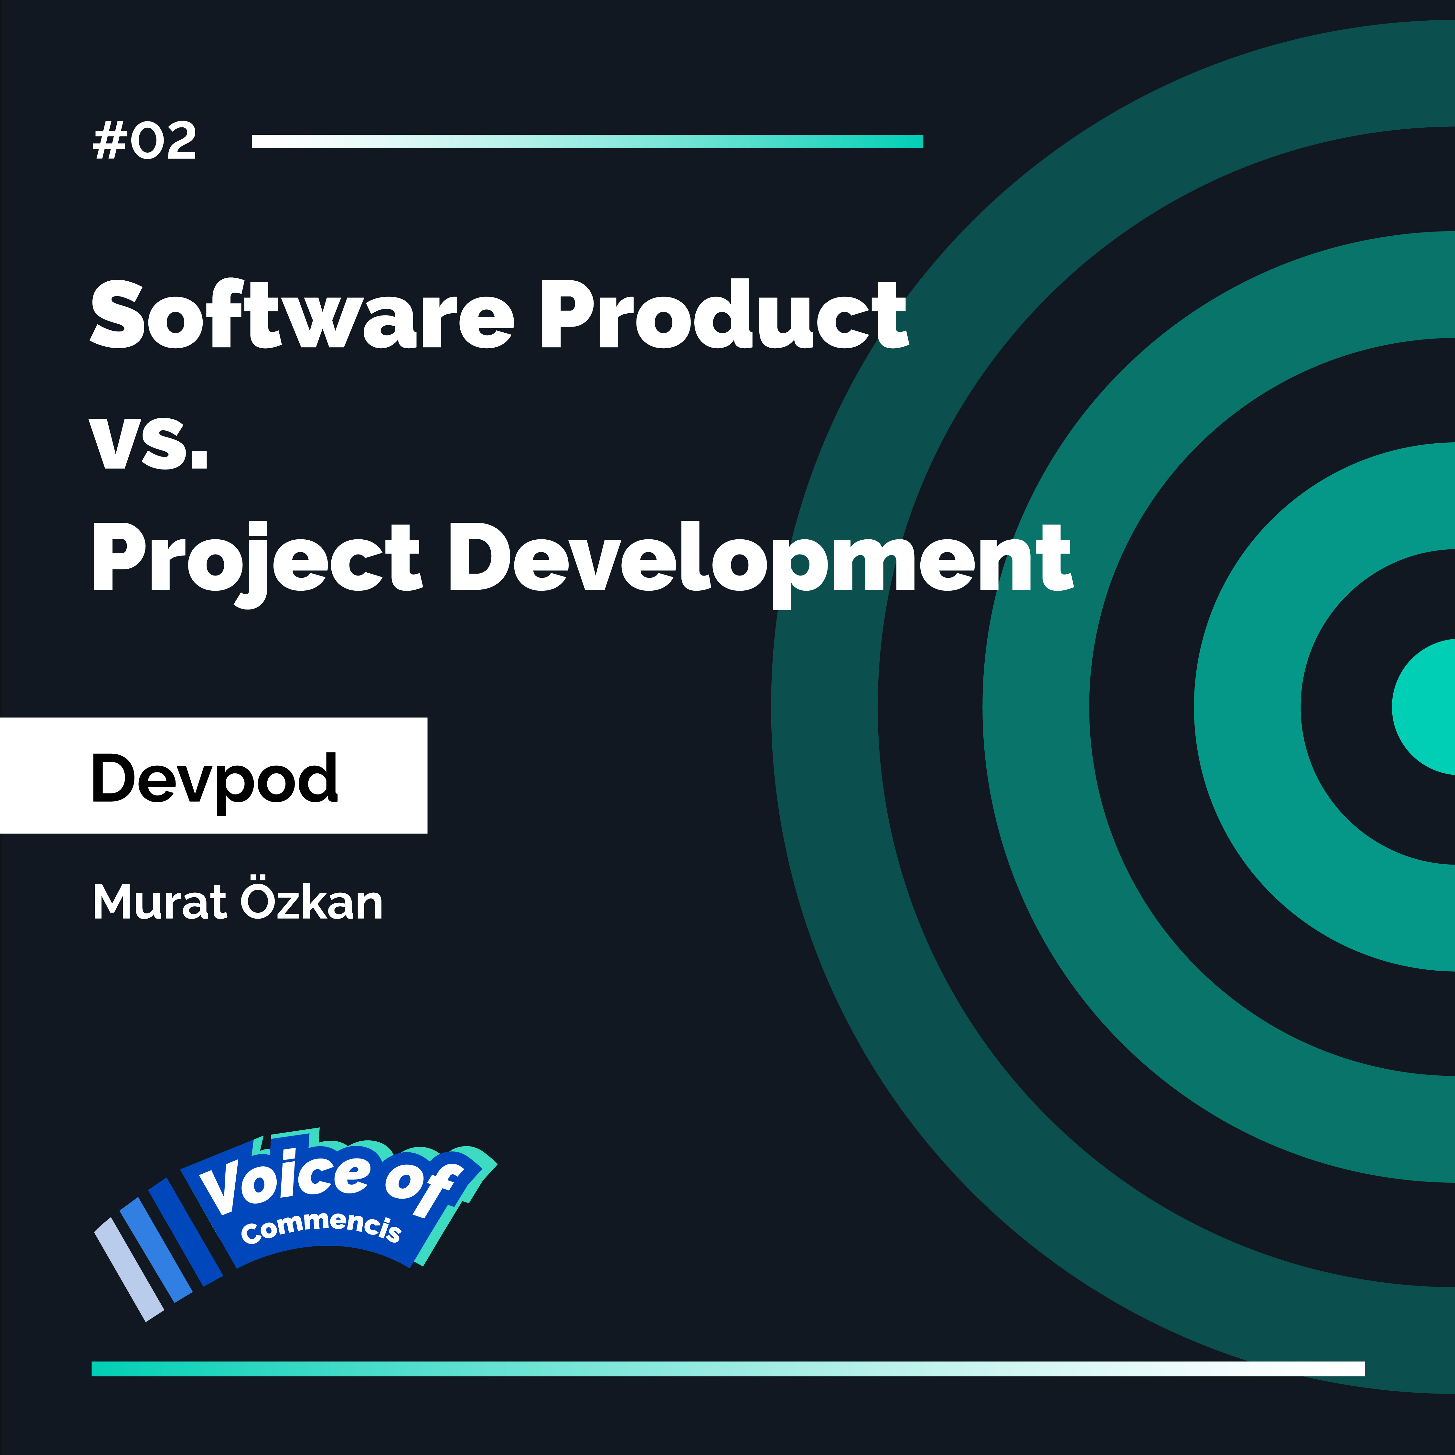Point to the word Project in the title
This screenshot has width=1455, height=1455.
(256, 561)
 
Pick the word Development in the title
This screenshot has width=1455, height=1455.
(761, 561)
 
